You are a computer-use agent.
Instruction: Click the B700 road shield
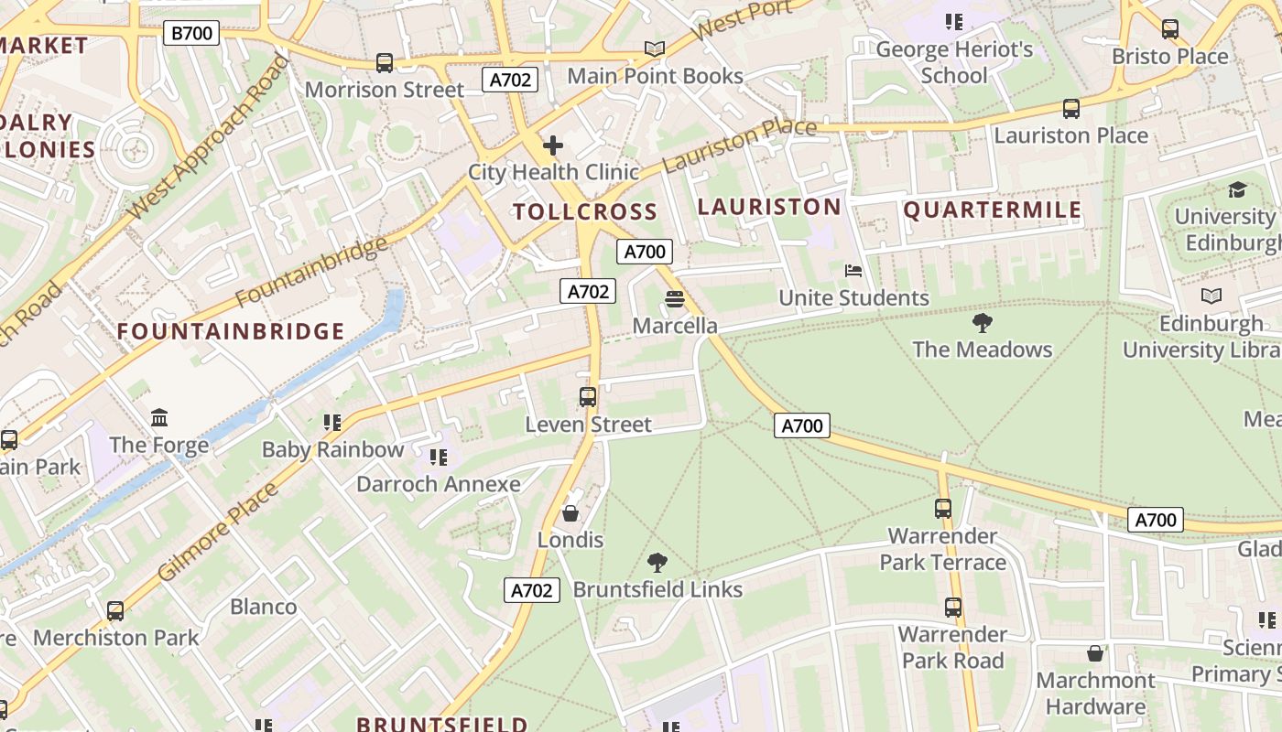[x=192, y=34]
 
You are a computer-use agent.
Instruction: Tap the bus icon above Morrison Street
[x=385, y=63]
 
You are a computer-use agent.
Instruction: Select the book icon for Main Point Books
[x=654, y=48]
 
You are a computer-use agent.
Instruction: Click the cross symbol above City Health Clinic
[x=553, y=145]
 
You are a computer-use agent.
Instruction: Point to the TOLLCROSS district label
[x=585, y=212]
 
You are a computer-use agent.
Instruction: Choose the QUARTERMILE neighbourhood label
[x=993, y=210]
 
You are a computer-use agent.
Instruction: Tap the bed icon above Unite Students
[x=853, y=271]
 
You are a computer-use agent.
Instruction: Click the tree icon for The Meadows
[x=983, y=322]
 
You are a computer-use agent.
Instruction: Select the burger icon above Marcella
[x=675, y=299]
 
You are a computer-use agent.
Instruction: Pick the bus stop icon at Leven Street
[x=588, y=397]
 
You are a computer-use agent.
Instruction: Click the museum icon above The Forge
[x=159, y=418]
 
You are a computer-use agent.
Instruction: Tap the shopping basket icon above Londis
[x=570, y=513]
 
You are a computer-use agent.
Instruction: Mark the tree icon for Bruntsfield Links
[x=657, y=562]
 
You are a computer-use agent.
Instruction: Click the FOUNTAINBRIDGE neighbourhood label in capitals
[x=231, y=331]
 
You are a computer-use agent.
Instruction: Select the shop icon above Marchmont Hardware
[x=1095, y=653]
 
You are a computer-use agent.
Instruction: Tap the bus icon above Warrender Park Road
[x=953, y=607]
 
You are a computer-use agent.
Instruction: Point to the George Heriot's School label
[x=954, y=62]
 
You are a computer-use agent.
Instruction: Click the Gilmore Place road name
[x=218, y=533]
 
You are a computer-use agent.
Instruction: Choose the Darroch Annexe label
[x=438, y=484]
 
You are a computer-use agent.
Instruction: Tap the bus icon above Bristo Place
[x=1170, y=29]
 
